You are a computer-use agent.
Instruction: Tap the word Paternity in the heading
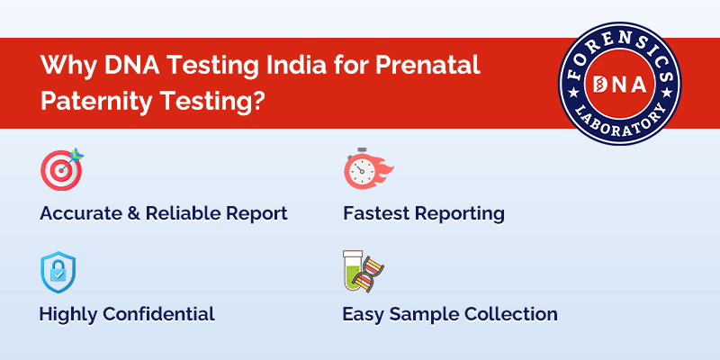coord(93,100)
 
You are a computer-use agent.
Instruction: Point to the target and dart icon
coord(61,169)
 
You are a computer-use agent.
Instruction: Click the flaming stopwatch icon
coord(366,169)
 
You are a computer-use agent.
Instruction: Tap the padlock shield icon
coord(58,272)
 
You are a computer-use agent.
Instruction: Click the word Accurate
coord(82,214)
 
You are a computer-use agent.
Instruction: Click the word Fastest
coord(377,214)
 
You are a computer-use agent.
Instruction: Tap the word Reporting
coord(461,214)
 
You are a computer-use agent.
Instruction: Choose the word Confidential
coord(158,314)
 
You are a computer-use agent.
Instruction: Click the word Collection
coord(510,314)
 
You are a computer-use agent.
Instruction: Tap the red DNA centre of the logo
coord(619,83)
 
